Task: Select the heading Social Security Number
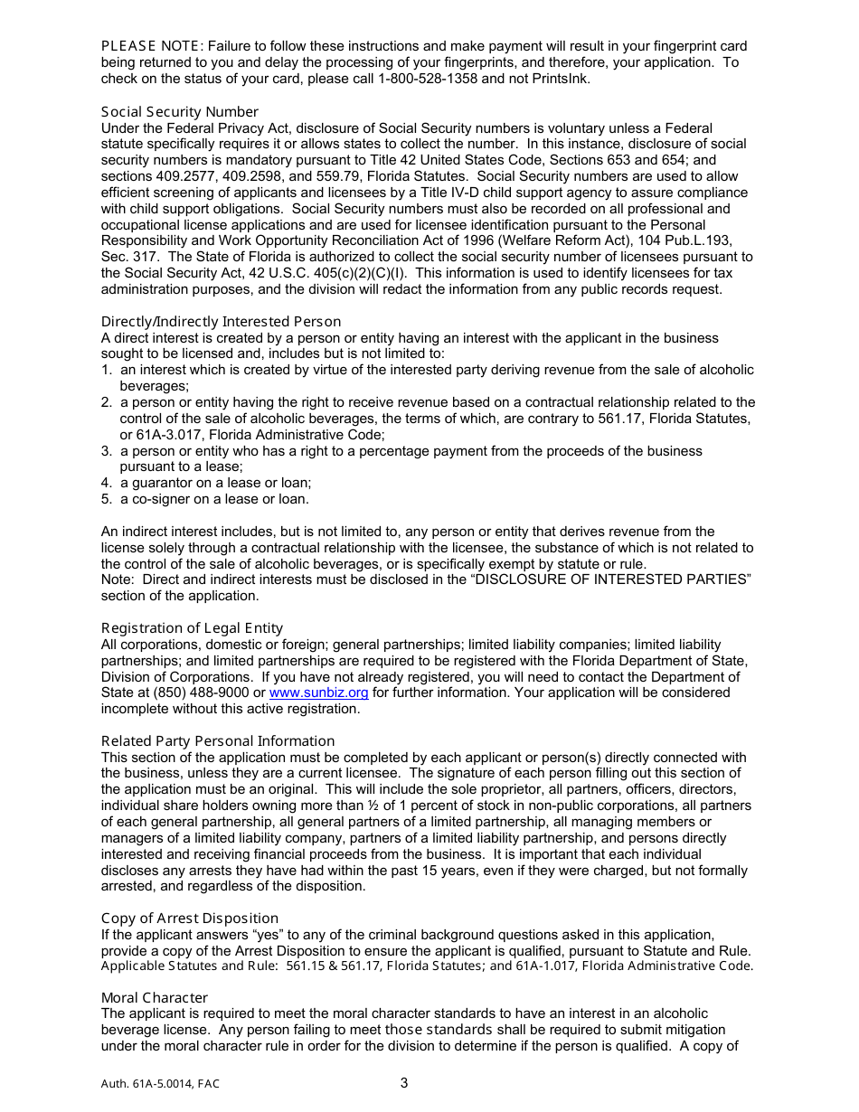tap(180, 111)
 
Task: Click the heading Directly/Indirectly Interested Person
tap(221, 321)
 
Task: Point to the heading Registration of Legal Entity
tap(192, 627)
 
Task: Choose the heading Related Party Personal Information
tap(217, 740)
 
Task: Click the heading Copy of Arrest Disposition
tap(189, 918)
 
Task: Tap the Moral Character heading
tap(154, 997)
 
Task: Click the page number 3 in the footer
tap(404, 1083)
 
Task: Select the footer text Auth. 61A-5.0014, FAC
tap(160, 1084)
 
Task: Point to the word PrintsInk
tap(562, 79)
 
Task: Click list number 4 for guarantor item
tap(106, 483)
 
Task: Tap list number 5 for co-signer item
tap(106, 499)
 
